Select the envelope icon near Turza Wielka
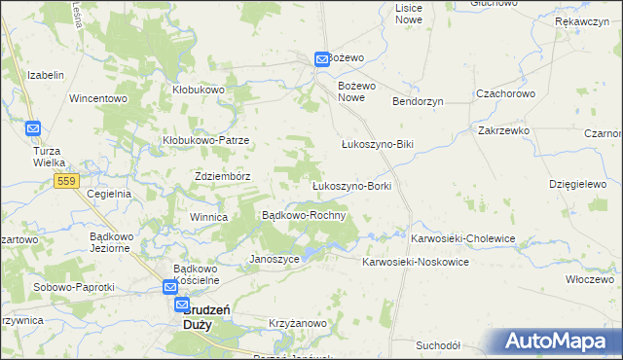[33, 128]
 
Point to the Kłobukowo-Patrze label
[205, 140]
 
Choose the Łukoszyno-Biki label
[378, 144]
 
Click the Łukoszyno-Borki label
[351, 185]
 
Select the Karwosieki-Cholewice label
[462, 237]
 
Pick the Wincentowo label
[98, 98]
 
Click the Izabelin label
[46, 75]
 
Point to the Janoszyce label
[274, 260]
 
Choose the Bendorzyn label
[418, 101]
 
